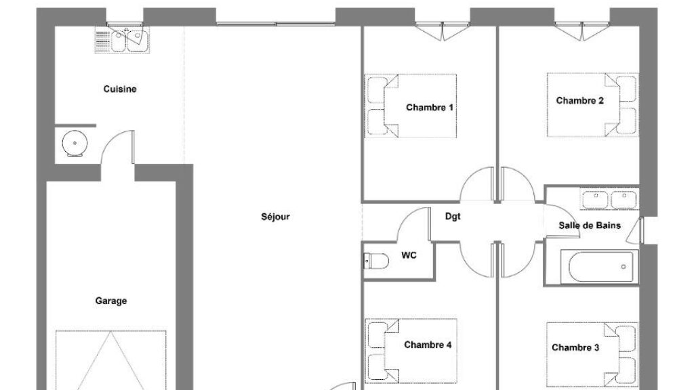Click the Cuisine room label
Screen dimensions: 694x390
120,89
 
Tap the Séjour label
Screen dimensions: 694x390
275,217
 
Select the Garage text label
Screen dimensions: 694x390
111,301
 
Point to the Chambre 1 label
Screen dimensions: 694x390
429,108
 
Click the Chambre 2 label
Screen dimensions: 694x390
580,101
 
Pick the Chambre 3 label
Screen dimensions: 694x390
575,347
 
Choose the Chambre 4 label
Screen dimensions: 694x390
428,345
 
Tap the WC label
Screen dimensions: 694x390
409,255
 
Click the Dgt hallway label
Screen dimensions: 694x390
453,216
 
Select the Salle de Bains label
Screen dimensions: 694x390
590,225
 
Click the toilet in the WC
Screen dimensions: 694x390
375,261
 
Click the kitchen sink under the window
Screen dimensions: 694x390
122,40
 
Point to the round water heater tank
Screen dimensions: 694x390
75,144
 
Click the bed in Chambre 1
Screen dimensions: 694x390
410,106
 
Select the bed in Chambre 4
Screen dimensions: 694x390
411,351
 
